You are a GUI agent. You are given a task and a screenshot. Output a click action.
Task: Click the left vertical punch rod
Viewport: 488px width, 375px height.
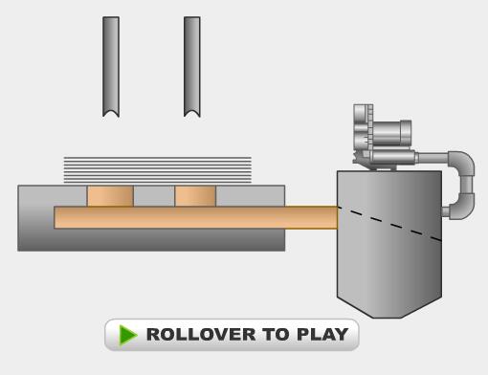click(x=111, y=65)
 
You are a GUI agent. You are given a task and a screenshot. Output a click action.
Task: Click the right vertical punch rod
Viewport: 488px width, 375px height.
click(x=192, y=65)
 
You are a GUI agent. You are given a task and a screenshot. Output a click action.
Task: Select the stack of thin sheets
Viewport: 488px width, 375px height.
click(x=158, y=169)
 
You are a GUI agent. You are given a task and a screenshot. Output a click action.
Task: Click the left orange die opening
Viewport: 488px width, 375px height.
click(x=110, y=196)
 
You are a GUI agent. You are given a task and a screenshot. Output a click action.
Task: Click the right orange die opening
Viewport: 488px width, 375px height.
click(x=195, y=196)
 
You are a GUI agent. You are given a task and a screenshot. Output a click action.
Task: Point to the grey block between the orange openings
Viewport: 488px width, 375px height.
click(x=154, y=196)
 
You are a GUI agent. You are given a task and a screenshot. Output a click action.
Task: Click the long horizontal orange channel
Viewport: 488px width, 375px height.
click(x=196, y=217)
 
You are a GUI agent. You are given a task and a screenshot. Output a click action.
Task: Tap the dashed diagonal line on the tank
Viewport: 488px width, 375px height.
click(x=389, y=224)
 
